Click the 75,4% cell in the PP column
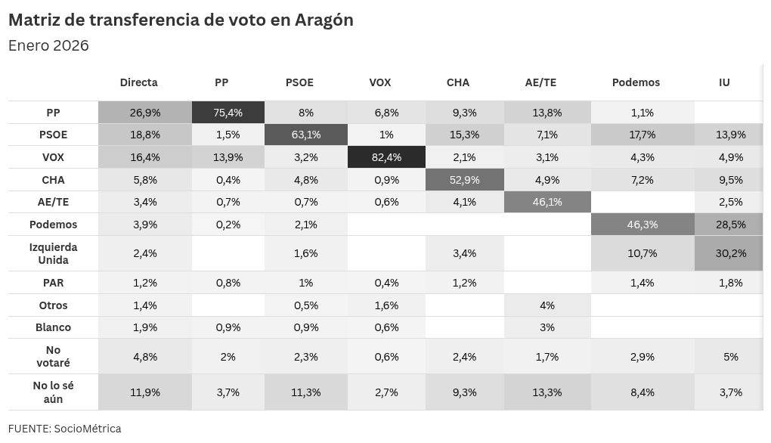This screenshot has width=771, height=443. (228, 113)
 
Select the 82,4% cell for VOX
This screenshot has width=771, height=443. (385, 157)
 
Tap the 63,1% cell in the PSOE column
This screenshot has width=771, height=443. (306, 135)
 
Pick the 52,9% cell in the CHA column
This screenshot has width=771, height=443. (463, 180)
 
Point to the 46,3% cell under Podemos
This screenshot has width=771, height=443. (641, 225)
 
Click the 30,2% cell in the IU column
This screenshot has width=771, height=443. (730, 253)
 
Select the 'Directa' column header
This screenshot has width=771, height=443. (139, 82)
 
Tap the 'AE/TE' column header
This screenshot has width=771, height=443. (541, 82)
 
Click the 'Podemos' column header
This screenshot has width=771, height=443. (636, 82)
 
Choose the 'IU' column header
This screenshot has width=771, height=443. (724, 82)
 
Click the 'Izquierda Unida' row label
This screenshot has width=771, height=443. (54, 253)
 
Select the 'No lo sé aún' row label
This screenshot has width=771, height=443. (54, 392)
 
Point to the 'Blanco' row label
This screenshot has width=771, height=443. (54, 327)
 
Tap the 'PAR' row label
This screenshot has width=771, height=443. (54, 283)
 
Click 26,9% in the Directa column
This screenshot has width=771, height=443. (145, 113)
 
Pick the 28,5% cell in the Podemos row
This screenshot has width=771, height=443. (730, 225)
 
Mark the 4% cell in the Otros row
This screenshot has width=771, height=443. (547, 305)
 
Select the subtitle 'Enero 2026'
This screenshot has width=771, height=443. (48, 45)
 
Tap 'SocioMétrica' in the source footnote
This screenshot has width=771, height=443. (87, 429)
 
